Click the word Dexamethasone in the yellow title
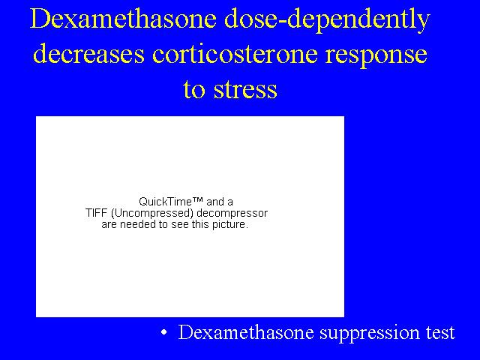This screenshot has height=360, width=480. click(x=123, y=18)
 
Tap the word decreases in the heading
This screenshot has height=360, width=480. click(x=88, y=53)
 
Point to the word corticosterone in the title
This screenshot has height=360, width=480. click(x=235, y=53)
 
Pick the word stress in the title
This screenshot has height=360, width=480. click(x=245, y=89)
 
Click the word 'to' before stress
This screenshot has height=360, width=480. click(x=194, y=89)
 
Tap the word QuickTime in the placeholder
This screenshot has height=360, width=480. click(x=166, y=202)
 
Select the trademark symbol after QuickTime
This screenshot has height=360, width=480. click(x=198, y=200)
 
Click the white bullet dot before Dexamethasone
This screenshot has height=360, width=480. click(x=164, y=332)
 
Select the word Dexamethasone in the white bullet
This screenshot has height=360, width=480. click(x=246, y=332)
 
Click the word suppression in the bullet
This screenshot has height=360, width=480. click(x=370, y=334)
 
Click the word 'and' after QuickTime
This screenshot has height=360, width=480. click(x=215, y=202)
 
